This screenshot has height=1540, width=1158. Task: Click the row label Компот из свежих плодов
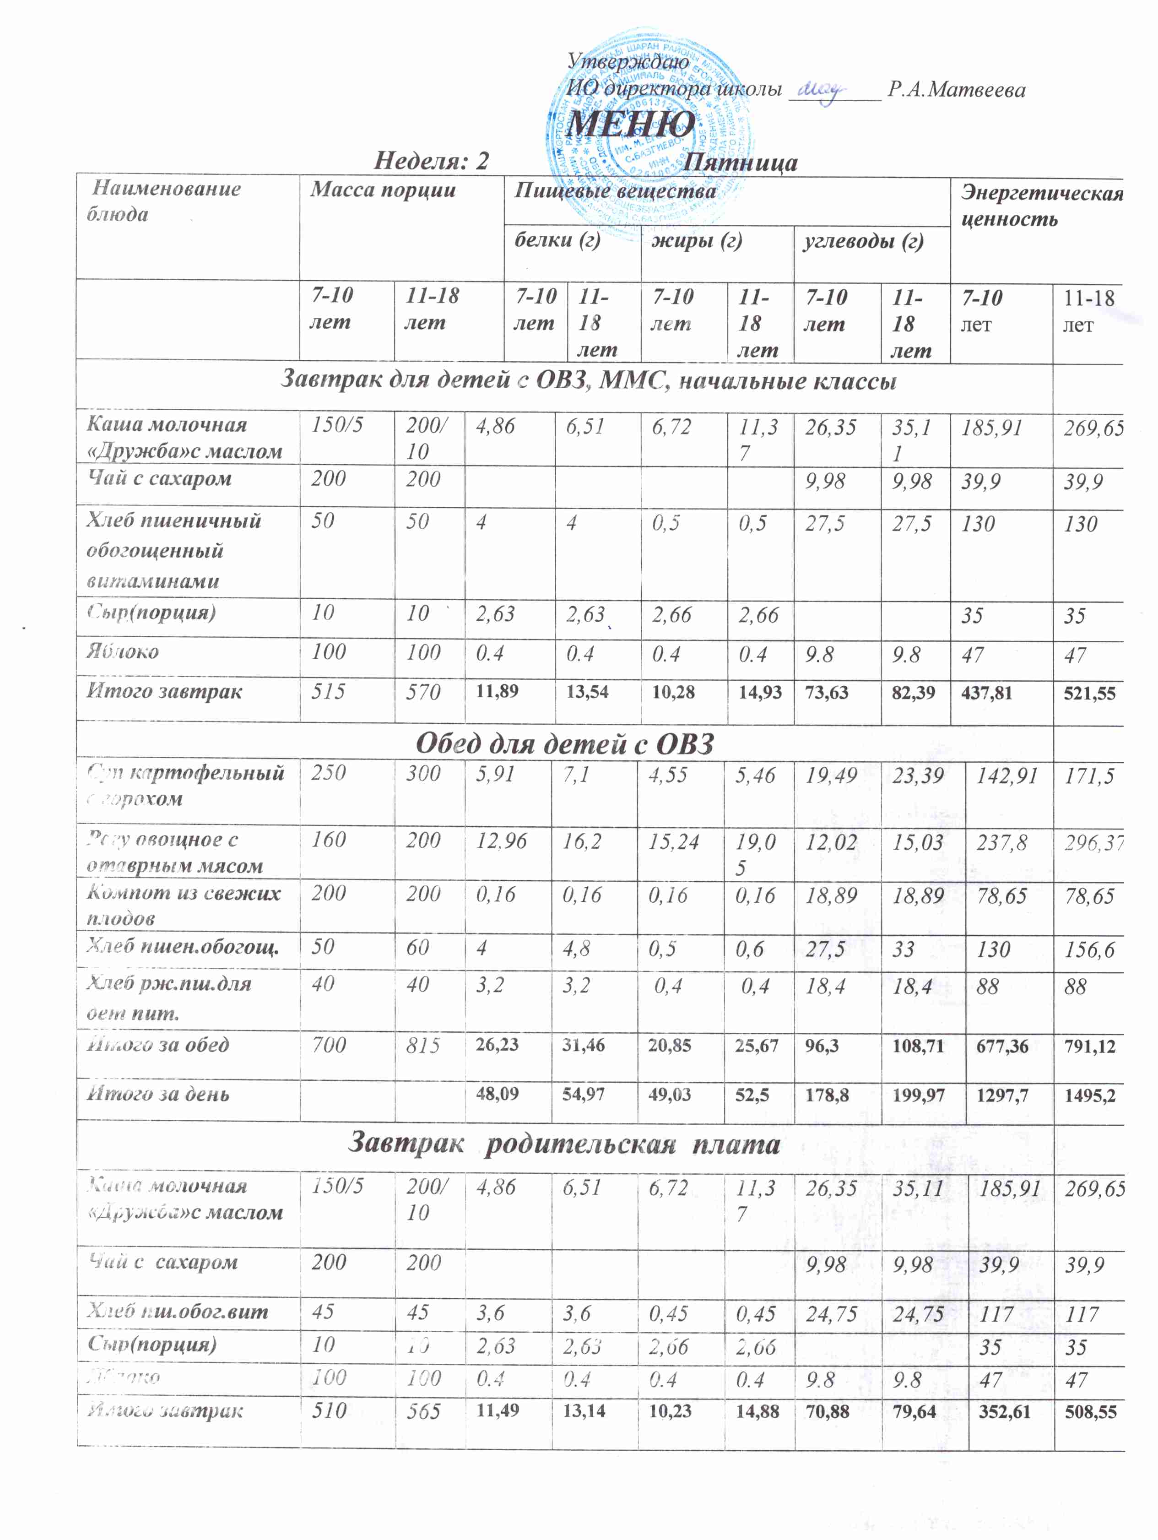tap(184, 905)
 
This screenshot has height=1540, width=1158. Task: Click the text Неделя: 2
tap(432, 162)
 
